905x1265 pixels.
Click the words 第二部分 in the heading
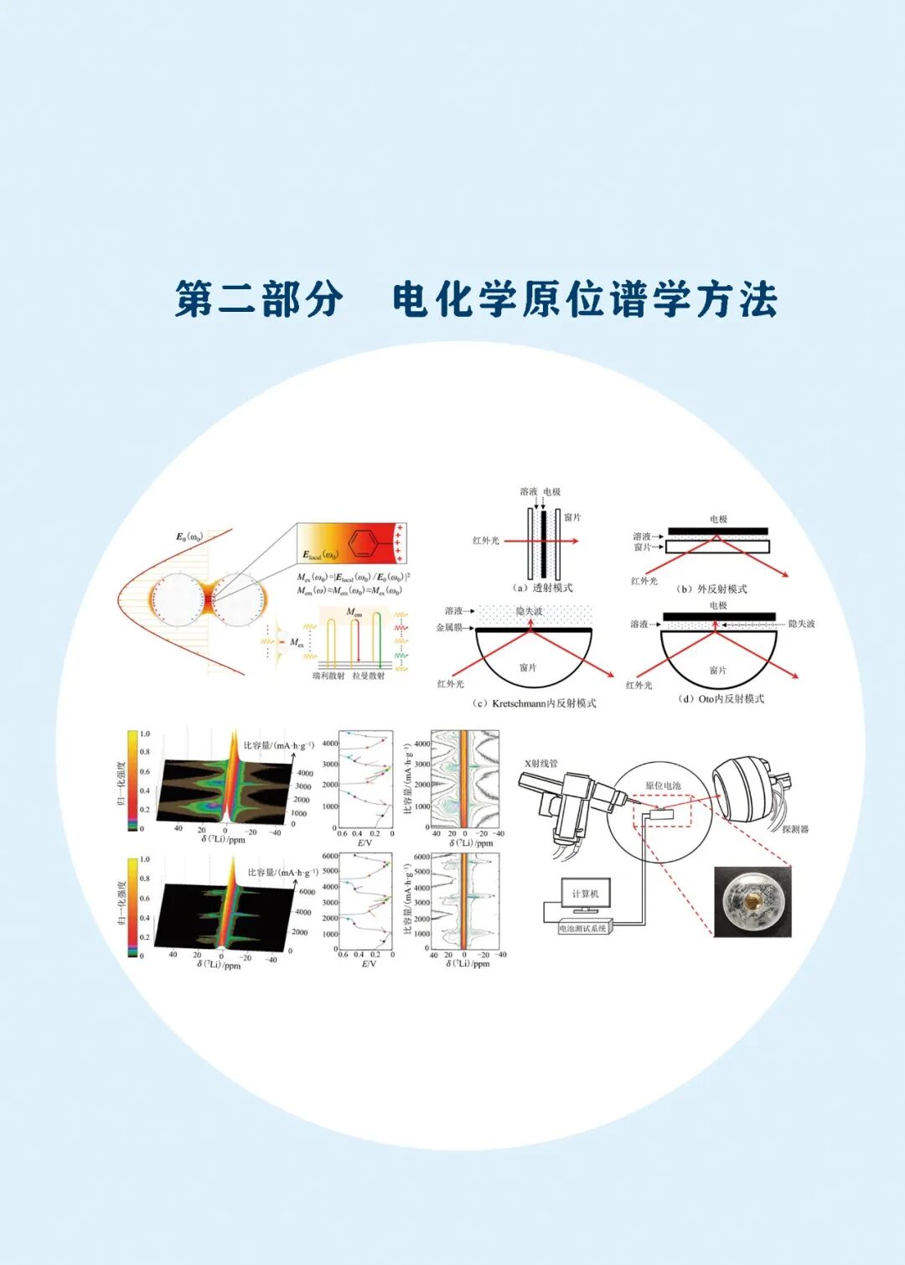(259, 299)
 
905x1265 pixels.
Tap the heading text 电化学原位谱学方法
(584, 299)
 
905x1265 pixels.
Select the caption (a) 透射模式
(543, 588)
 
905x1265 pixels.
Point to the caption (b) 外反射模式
(711, 588)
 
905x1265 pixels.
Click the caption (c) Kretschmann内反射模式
(535, 703)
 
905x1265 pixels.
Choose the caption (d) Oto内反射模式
(721, 698)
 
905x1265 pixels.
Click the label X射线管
(540, 764)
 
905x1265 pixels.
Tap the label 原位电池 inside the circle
(663, 785)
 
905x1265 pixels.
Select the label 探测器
(794, 829)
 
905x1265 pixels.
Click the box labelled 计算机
(585, 894)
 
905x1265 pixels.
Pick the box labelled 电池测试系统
(585, 928)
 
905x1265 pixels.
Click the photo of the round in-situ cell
(752, 901)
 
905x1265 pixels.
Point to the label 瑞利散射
(328, 676)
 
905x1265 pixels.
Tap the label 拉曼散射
(368, 676)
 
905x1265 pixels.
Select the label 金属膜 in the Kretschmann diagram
(449, 627)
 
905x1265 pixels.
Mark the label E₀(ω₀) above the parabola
(189, 537)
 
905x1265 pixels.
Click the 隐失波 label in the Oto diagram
(801, 624)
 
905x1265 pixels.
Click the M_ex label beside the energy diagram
(297, 642)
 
